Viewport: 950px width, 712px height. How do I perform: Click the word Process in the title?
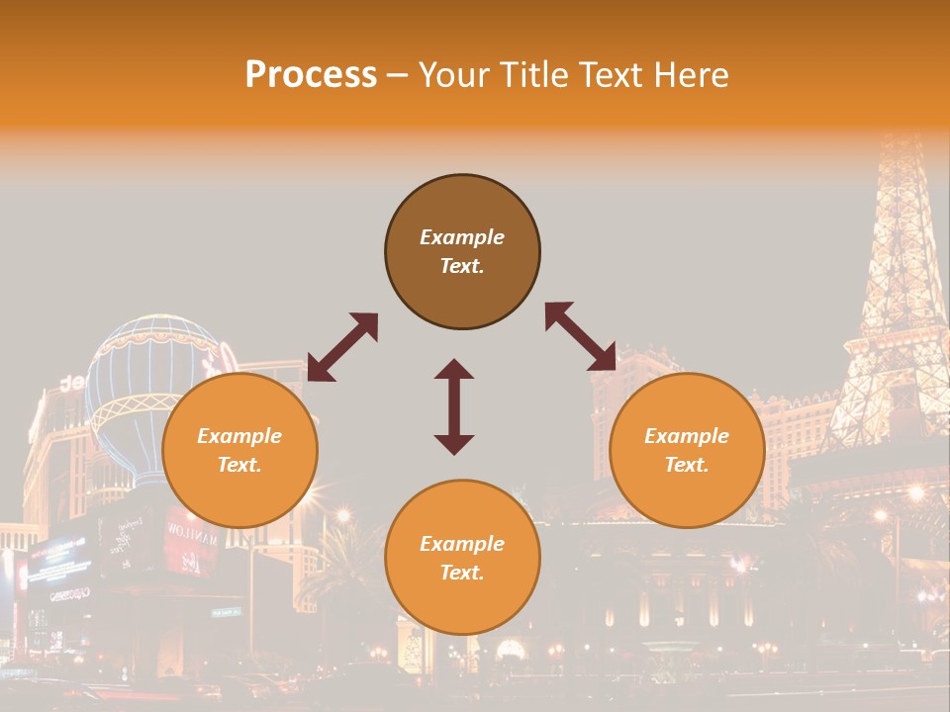pos(311,75)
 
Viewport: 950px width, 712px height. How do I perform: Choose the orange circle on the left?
pos(239,494)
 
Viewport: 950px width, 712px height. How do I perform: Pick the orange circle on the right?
pos(687,494)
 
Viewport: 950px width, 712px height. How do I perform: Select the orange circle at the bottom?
pos(462,602)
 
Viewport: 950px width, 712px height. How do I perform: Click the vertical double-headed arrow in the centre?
pos(454,406)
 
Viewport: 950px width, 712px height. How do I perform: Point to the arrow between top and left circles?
pos(342,347)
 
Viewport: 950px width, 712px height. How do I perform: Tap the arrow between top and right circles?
pos(580,336)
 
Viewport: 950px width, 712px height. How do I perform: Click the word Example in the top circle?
pos(462,237)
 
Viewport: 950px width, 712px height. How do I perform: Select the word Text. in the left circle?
pos(239,465)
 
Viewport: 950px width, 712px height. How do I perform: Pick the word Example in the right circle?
pos(687,436)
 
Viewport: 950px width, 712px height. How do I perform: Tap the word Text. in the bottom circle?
pos(462,573)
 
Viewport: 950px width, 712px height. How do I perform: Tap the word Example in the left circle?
pos(239,436)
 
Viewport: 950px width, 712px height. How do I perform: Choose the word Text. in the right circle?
pos(687,465)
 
